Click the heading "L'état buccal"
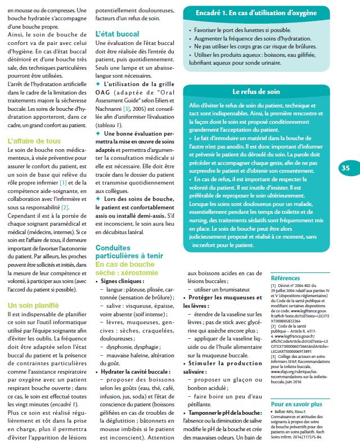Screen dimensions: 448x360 [x=117, y=34]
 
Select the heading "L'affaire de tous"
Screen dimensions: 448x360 [x=34, y=141]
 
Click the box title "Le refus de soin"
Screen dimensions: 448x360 [x=255, y=91]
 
